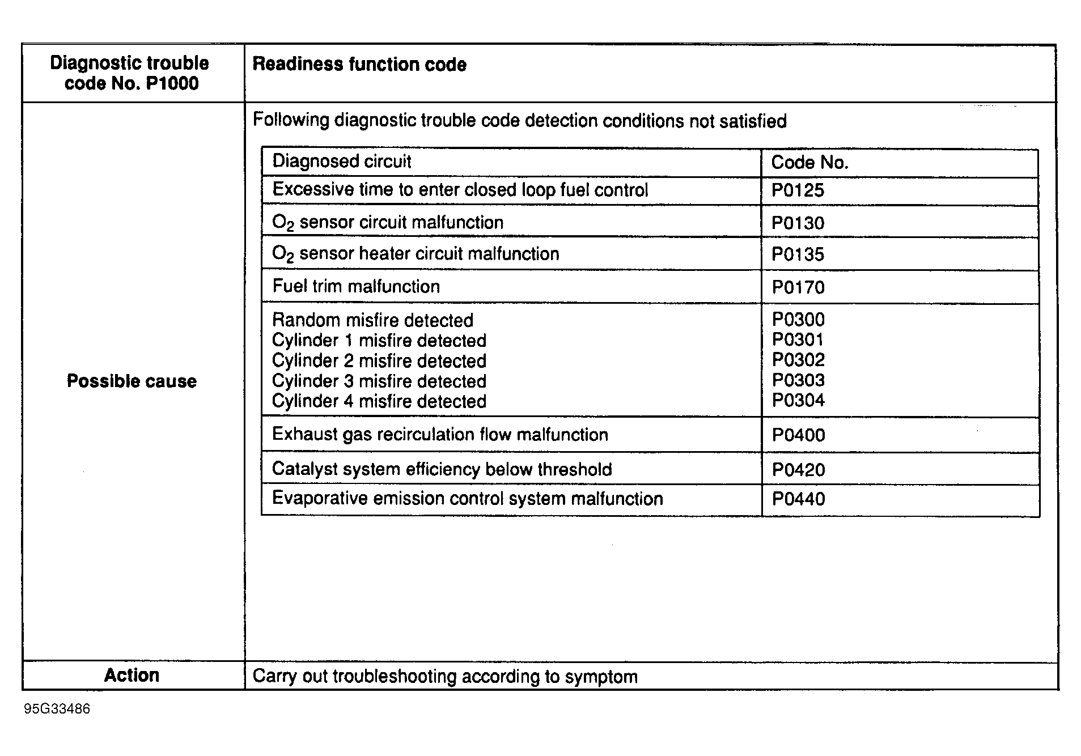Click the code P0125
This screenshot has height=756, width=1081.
pyautogui.click(x=798, y=190)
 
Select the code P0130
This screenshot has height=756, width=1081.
pyautogui.click(x=798, y=223)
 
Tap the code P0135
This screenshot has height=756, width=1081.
pyautogui.click(x=798, y=254)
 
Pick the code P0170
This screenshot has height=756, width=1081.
pyautogui.click(x=798, y=287)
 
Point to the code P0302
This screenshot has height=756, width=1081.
pyautogui.click(x=798, y=360)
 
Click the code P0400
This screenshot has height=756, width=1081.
pyautogui.click(x=798, y=435)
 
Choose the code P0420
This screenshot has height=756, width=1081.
pyautogui.click(x=798, y=470)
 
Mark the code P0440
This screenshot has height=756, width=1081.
pyautogui.click(x=798, y=499)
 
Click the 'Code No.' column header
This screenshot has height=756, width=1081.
pyautogui.click(x=809, y=163)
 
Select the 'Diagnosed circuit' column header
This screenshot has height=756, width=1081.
pyautogui.click(x=341, y=162)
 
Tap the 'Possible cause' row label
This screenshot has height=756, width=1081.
pyautogui.click(x=132, y=381)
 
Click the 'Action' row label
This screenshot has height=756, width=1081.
pyautogui.click(x=132, y=676)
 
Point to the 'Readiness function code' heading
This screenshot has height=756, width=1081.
pyautogui.click(x=359, y=65)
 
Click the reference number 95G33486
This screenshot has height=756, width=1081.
pyautogui.click(x=57, y=710)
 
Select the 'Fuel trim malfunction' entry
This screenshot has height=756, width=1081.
pyautogui.click(x=356, y=286)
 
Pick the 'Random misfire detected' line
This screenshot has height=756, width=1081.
pyautogui.click(x=372, y=320)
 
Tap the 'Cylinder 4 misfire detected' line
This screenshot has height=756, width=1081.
pyautogui.click(x=379, y=401)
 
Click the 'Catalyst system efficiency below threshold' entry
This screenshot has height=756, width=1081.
pyautogui.click(x=442, y=469)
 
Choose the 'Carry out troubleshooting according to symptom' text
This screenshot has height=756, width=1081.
pyautogui.click(x=445, y=677)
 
